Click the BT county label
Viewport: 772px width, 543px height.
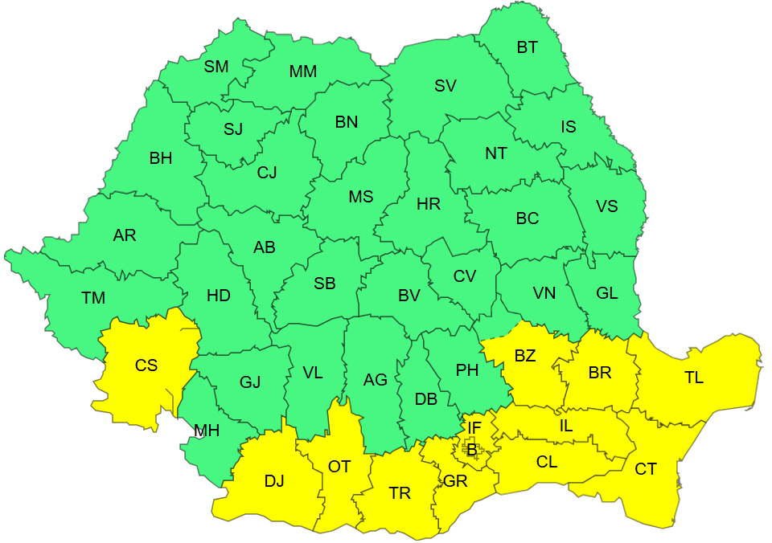tap(527, 47)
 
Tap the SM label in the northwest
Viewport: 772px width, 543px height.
tap(216, 67)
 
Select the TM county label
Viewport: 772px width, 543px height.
tap(93, 298)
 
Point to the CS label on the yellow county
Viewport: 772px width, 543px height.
tap(146, 365)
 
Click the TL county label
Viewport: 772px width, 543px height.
tap(693, 378)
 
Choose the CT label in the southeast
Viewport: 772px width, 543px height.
tap(646, 469)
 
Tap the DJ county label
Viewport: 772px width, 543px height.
tap(274, 481)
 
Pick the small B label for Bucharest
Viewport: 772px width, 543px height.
tap(471, 451)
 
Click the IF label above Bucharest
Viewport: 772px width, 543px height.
tap(474, 428)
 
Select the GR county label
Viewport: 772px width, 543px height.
tap(455, 481)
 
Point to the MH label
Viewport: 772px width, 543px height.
tap(207, 431)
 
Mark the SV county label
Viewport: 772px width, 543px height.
tap(446, 86)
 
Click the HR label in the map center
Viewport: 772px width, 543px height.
tap(429, 204)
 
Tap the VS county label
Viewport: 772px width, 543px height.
tap(607, 206)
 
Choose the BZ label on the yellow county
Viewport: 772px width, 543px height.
tap(524, 356)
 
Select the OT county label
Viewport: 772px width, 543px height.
tap(339, 466)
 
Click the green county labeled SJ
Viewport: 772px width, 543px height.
tap(233, 129)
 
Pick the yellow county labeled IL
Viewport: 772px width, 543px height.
tap(566, 426)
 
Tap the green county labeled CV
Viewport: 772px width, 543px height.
tap(465, 276)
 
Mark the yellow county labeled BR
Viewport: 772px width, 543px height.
tap(600, 373)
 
